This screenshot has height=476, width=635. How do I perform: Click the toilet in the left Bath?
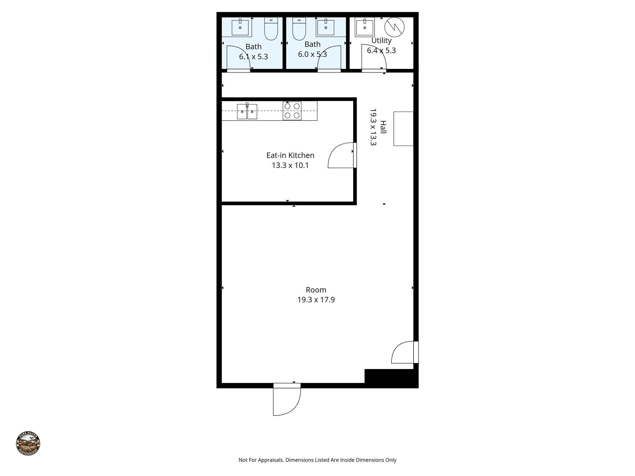click(271, 29)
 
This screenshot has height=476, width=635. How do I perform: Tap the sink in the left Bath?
click(240, 28)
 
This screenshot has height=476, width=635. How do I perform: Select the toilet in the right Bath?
click(299, 29)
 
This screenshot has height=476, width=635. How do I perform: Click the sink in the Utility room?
click(365, 27)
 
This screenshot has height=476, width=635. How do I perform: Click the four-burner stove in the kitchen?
click(292, 111)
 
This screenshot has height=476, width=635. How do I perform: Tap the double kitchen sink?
click(247, 112)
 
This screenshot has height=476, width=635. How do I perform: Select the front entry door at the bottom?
click(287, 400)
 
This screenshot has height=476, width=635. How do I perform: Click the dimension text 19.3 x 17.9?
click(316, 300)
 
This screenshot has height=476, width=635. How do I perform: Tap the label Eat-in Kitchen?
click(290, 155)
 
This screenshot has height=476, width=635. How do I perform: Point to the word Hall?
click(384, 127)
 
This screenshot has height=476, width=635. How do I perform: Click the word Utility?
click(381, 41)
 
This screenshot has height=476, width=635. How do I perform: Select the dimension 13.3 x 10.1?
click(290, 165)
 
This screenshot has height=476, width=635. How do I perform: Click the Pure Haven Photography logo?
click(28, 443)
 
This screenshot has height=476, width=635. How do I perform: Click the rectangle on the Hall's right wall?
click(403, 129)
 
